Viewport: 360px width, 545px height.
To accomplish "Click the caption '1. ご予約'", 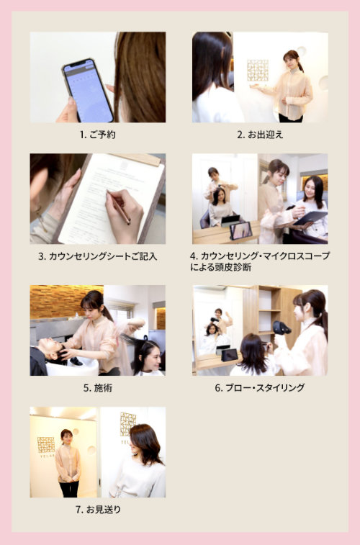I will [98, 135].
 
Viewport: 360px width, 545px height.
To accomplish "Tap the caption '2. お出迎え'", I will [260, 135].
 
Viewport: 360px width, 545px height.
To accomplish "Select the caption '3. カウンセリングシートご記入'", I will [97, 256].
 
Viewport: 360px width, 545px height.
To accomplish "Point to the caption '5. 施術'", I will [98, 387].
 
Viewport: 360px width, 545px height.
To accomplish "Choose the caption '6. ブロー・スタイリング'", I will [260, 387].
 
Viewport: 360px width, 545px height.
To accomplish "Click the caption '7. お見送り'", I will [99, 509].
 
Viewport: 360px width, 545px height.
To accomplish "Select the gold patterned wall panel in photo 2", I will [257, 70].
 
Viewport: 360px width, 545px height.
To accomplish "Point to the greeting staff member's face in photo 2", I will [289, 60].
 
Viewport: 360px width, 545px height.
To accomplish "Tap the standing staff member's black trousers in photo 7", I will [68, 489].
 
